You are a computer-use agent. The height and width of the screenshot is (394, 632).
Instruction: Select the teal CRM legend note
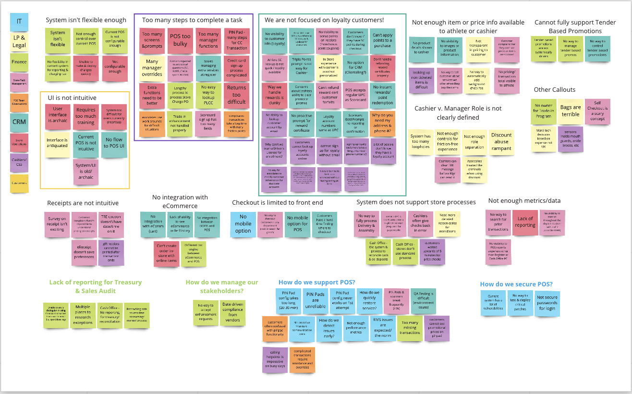pos(19,122)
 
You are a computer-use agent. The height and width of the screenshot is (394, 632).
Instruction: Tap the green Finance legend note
pos(19,61)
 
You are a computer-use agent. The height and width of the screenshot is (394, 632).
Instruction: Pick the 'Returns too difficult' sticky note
pos(236,95)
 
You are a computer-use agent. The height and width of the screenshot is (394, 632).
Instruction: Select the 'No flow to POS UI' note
pos(114,143)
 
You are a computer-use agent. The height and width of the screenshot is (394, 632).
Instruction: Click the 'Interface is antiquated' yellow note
pos(57,143)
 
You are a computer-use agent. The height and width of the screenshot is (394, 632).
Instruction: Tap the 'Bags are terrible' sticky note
pos(571,111)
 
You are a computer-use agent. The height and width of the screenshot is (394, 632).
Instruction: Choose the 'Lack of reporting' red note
pos(525,222)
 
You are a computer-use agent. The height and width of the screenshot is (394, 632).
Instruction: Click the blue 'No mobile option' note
pos(243,224)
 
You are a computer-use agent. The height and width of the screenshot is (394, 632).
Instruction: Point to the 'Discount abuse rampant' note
pos(501,141)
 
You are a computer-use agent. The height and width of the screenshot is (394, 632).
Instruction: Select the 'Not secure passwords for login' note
pos(547,303)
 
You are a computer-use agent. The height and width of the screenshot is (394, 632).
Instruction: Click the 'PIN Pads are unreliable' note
pos(316,300)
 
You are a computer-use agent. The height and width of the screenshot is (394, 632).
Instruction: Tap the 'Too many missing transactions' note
pos(410,327)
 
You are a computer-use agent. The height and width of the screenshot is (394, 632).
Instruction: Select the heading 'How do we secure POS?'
pos(516,284)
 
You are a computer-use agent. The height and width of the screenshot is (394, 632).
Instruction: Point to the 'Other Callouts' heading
pos(554,90)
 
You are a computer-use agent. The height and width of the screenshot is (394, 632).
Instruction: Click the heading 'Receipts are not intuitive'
pos(83,203)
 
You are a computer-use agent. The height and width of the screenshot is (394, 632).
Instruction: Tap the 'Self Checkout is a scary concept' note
pos(597,111)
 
